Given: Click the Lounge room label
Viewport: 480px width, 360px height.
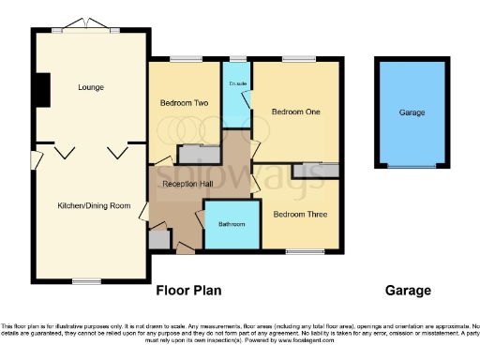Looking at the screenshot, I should [x=90, y=87].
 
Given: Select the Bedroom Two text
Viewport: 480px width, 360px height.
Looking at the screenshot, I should [x=182, y=103].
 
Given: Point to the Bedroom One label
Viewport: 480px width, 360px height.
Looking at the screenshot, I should [x=296, y=112].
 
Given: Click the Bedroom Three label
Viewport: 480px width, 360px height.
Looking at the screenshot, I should [x=300, y=214].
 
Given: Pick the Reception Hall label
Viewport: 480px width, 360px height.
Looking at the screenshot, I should [x=186, y=184].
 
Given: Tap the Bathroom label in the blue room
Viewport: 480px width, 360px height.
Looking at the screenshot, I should [x=232, y=225].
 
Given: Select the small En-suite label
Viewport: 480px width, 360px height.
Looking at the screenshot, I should [x=236, y=83].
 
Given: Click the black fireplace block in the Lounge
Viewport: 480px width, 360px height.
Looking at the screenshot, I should [x=40, y=88].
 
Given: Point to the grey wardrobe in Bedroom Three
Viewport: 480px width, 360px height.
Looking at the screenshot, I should [x=315, y=170].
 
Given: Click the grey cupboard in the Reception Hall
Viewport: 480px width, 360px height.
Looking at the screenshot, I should [x=158, y=240].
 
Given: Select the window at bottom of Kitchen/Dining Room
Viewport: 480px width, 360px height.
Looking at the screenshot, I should [x=87, y=280].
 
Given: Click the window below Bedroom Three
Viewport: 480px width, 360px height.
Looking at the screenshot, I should [x=299, y=250].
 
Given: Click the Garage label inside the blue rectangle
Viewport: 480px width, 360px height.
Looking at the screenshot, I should [x=412, y=112].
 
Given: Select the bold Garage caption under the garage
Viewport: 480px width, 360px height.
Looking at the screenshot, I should [x=408, y=291].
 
